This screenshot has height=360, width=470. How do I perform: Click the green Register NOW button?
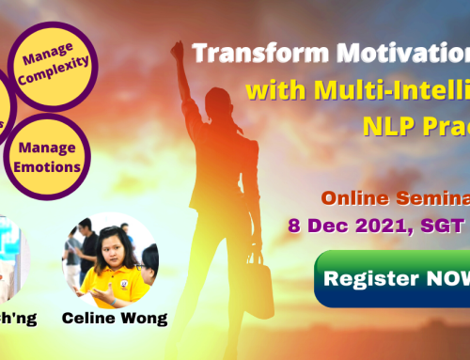[395, 279]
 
